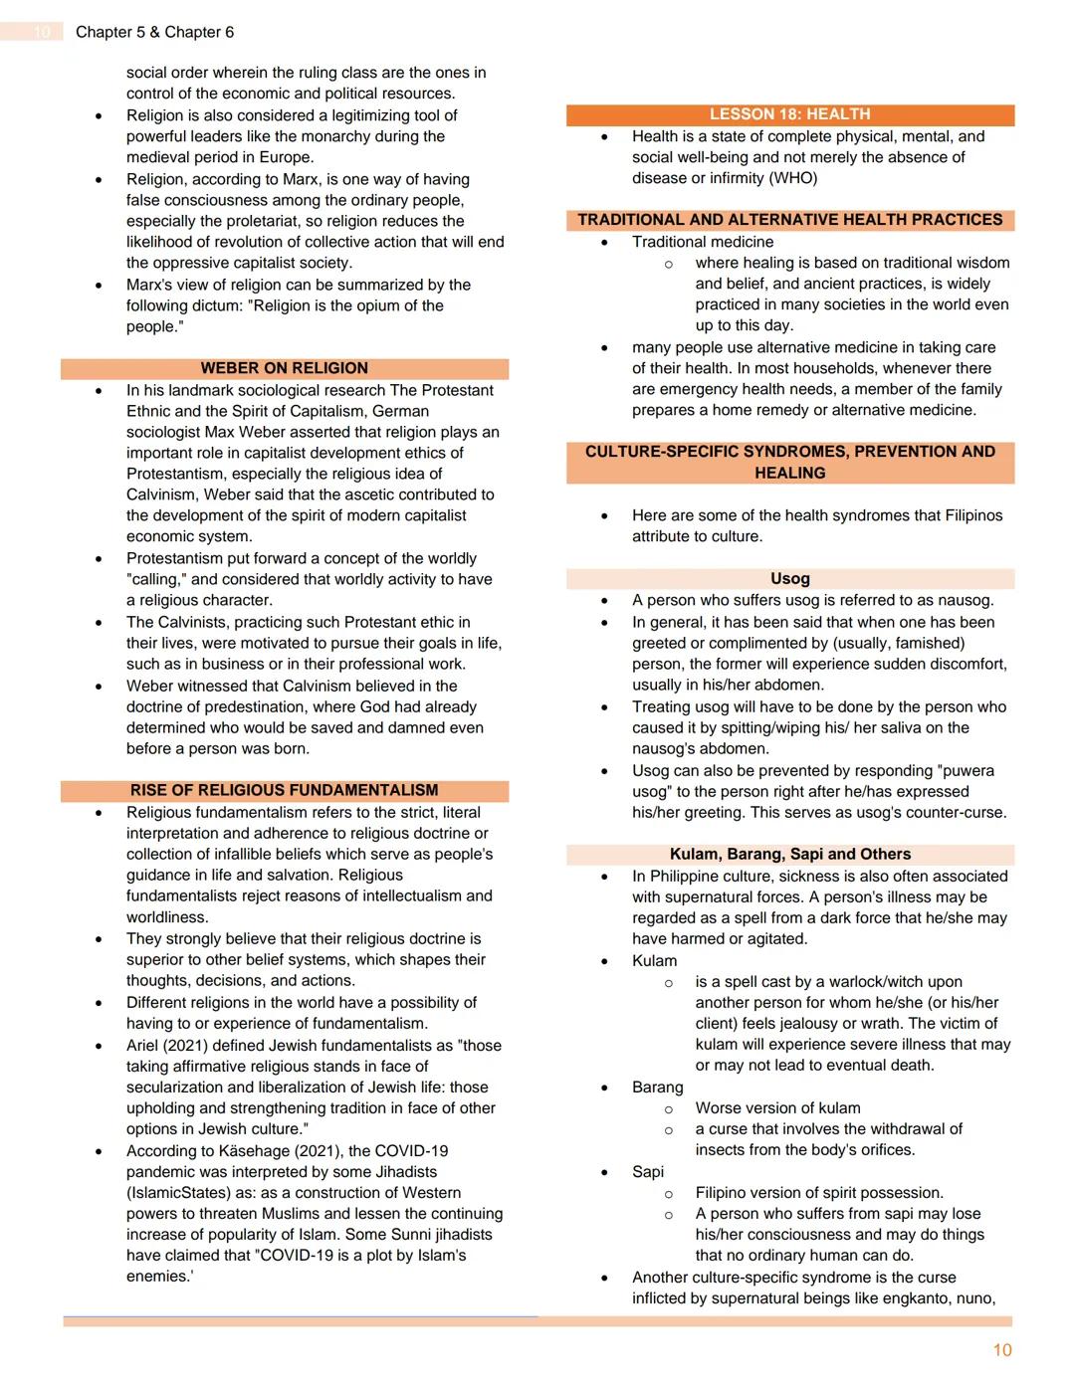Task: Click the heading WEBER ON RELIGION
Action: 284,368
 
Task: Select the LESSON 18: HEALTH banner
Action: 789,114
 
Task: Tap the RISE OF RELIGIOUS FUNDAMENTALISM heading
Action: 284,790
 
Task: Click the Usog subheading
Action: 789,578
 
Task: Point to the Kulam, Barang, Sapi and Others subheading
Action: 789,854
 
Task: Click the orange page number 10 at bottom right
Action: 1001,1349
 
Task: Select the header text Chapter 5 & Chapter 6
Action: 154,32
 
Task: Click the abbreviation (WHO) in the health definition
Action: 792,178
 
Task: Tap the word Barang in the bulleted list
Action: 657,1087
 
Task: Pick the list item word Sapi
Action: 647,1171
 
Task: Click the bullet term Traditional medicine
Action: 702,242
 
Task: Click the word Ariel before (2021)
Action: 145,1045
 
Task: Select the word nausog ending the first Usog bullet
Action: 964,600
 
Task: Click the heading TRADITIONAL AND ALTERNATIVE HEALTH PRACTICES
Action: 789,220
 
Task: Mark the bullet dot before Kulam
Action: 604,962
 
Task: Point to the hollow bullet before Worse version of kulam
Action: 668,1108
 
